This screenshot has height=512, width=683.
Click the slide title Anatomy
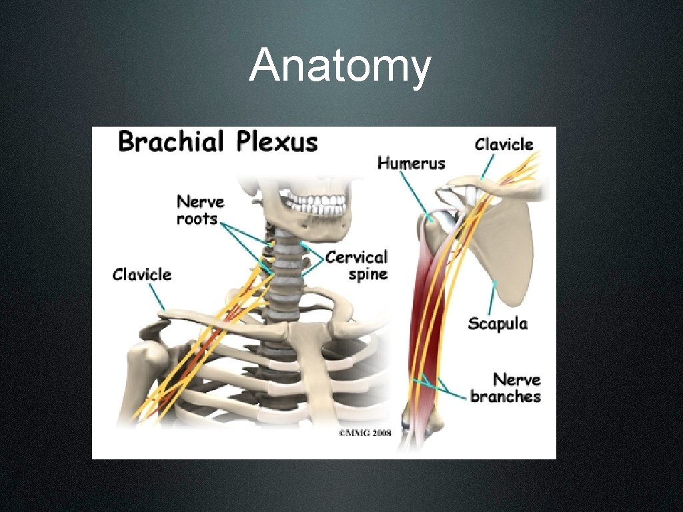(340, 67)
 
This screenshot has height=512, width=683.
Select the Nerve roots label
(200, 209)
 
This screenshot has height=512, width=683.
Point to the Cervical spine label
(357, 265)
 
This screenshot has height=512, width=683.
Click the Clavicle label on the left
(142, 274)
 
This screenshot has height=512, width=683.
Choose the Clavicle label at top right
(504, 144)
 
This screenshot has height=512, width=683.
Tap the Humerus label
(412, 162)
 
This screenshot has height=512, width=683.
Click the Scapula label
(498, 323)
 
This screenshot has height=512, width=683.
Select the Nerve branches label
(506, 388)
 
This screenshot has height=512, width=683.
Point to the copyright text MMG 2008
(364, 432)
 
